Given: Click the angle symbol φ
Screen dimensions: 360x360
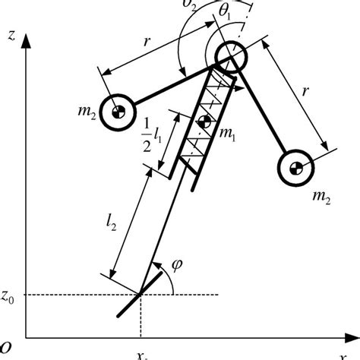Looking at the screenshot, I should (177, 265).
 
